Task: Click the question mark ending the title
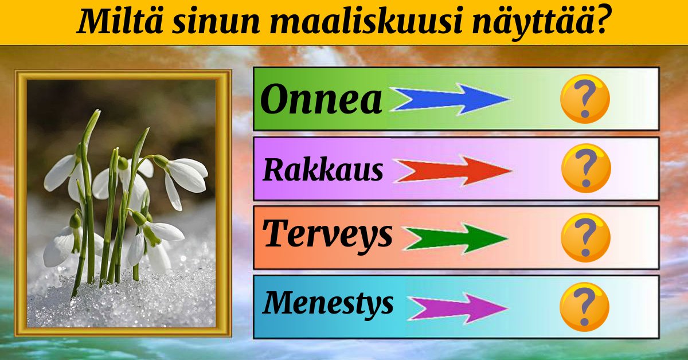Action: coord(601,19)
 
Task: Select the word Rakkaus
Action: coord(323,169)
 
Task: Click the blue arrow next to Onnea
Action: coord(451,99)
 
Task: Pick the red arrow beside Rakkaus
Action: coord(454,170)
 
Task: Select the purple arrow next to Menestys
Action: coord(458,308)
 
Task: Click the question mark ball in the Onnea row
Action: coord(585,99)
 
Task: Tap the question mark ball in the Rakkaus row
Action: coord(586,169)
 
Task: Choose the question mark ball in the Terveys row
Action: coord(585,237)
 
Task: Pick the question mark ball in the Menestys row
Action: coord(584,307)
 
